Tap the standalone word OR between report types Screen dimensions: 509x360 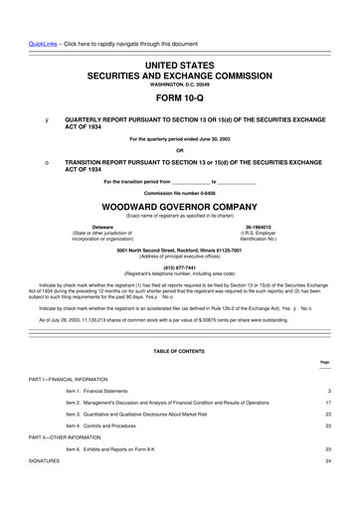coord(180,150)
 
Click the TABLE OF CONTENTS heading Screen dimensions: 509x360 coord(180,352)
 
